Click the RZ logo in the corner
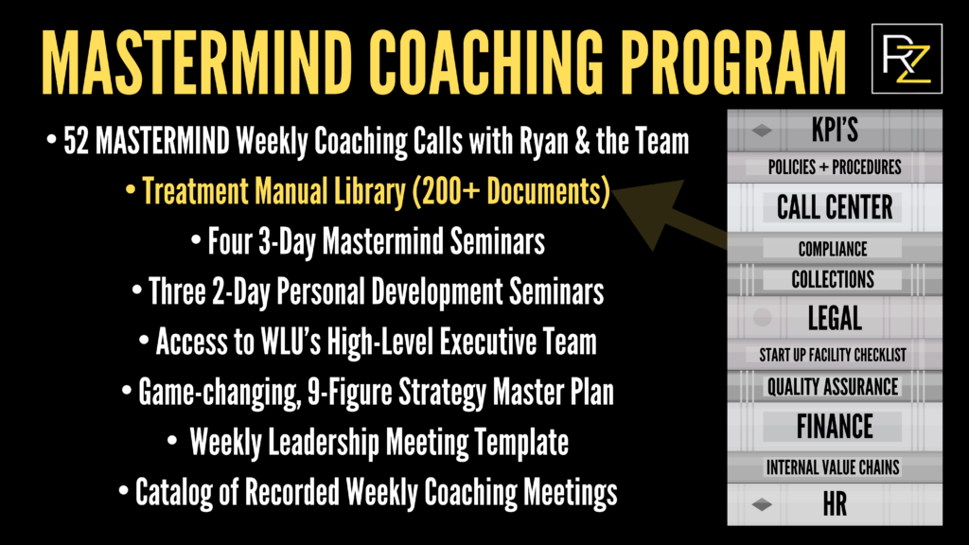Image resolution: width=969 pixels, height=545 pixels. pyautogui.click(x=906, y=59)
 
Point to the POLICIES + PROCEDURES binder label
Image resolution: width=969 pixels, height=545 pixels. pyautogui.click(x=835, y=167)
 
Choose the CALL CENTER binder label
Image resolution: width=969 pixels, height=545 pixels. pyautogui.click(x=835, y=207)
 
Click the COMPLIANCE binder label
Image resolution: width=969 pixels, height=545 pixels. pyautogui.click(x=833, y=250)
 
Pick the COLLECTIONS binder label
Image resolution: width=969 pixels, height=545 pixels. pyautogui.click(x=833, y=280)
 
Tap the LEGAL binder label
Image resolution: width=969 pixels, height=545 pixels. pyautogui.click(x=835, y=318)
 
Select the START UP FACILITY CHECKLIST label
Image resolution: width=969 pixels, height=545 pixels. pyautogui.click(x=833, y=355)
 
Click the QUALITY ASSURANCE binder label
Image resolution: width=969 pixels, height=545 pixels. pyautogui.click(x=833, y=387)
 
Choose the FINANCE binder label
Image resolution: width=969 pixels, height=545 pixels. pyautogui.click(x=835, y=427)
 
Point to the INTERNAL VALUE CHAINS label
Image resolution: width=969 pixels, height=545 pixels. pyautogui.click(x=833, y=467)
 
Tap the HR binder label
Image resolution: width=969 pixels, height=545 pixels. pyautogui.click(x=835, y=504)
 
